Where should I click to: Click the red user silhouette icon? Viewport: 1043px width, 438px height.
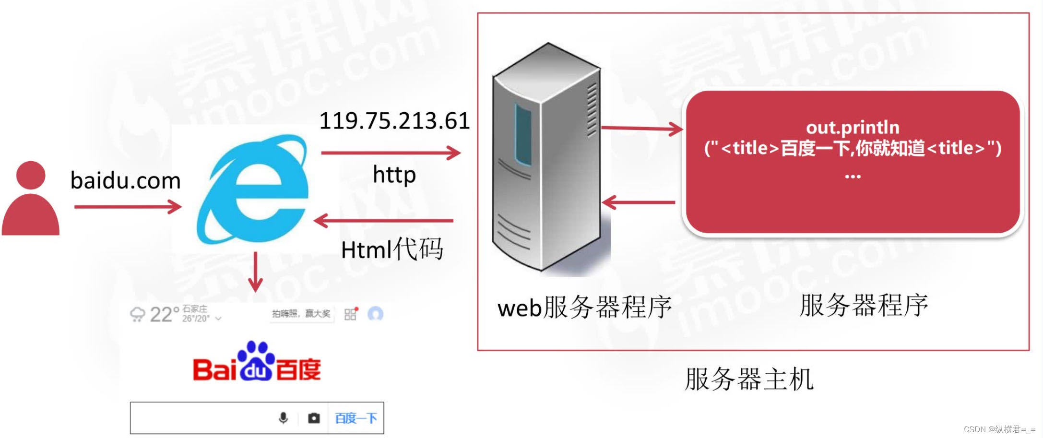tap(31, 199)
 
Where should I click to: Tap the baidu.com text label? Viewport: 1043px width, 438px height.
tap(125, 181)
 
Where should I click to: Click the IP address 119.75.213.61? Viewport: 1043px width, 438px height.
tap(394, 120)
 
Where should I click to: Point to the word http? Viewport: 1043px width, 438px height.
tap(394, 175)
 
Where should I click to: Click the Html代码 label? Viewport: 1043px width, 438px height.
tap(391, 249)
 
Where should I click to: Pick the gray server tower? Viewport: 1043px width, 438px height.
tap(547, 158)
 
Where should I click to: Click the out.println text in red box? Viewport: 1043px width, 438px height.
tap(853, 128)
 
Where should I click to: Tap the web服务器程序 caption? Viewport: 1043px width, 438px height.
tap(584, 307)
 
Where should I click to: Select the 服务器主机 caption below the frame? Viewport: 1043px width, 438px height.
tap(749, 379)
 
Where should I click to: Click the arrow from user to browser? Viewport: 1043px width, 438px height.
tap(128, 207)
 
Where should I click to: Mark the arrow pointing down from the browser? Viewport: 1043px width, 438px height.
tap(255, 272)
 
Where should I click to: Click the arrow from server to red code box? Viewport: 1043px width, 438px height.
tap(642, 128)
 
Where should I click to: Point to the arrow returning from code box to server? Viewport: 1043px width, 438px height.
tap(639, 202)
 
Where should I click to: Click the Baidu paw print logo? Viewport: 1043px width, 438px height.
tap(256, 362)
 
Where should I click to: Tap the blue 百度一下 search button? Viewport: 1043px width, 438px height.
tap(356, 418)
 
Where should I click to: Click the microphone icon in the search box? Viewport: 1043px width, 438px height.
tap(284, 418)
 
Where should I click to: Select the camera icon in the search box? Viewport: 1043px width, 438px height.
tap(314, 418)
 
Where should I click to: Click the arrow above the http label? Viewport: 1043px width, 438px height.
tap(391, 153)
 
